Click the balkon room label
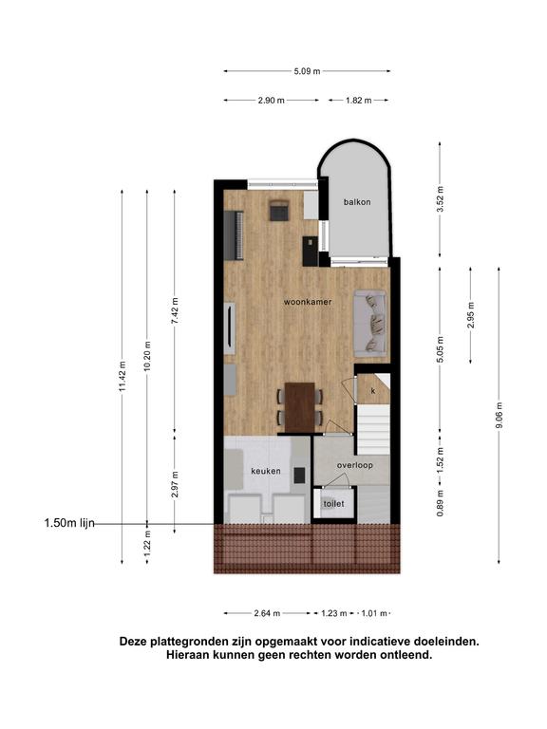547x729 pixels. [x=357, y=202]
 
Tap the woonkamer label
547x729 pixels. [x=308, y=302]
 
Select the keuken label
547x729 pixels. [x=266, y=471]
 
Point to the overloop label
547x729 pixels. [x=355, y=465]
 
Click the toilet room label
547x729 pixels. [x=333, y=503]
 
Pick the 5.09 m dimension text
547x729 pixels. [x=307, y=71]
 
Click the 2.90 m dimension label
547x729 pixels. [x=272, y=100]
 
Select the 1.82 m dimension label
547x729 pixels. [x=359, y=100]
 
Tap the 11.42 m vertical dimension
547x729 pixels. [x=123, y=376]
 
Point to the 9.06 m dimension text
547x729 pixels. [x=499, y=416]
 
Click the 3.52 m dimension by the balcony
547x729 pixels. [x=440, y=199]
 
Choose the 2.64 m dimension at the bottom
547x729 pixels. [x=267, y=613]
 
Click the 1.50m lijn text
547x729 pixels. [x=69, y=524]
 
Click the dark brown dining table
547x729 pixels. [x=299, y=407]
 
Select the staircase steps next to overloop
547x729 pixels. [x=373, y=429]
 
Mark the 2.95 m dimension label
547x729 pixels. [x=471, y=315]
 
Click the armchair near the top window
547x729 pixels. [x=279, y=210]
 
